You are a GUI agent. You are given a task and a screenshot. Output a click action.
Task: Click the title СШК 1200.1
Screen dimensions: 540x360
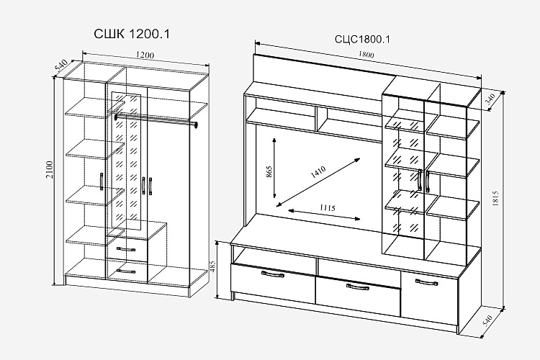pyautogui.click(x=132, y=34)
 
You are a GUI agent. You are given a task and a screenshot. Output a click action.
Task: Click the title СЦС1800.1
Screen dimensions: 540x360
pyautogui.click(x=362, y=40)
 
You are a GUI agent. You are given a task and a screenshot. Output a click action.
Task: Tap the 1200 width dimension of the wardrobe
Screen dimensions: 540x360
pyautogui.click(x=145, y=55)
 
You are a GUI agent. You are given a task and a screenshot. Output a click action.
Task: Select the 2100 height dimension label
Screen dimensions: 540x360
pyautogui.click(x=50, y=169)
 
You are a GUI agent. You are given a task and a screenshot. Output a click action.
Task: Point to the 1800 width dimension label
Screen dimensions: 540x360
pyautogui.click(x=366, y=54)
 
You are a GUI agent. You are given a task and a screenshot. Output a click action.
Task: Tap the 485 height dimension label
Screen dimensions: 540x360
pyautogui.click(x=212, y=266)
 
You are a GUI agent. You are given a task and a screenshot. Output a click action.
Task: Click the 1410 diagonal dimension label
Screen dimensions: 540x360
pyautogui.click(x=318, y=171)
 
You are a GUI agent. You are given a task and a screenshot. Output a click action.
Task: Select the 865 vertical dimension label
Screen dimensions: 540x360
pyautogui.click(x=269, y=171)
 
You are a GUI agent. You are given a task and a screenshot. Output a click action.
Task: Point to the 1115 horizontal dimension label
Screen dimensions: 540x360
pyautogui.click(x=327, y=207)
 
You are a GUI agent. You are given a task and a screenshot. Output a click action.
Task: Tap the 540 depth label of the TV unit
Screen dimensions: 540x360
pyautogui.click(x=488, y=320)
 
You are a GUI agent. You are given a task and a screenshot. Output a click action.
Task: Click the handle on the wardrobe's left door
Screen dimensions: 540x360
pyautogui.click(x=102, y=181)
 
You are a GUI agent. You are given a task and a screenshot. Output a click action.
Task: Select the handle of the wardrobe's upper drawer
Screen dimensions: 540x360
pyautogui.click(x=126, y=249)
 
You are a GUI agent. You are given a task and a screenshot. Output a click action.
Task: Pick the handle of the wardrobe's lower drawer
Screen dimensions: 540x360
pyautogui.click(x=126, y=271)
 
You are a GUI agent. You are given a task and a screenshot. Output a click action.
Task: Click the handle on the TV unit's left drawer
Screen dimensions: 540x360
pyautogui.click(x=273, y=274)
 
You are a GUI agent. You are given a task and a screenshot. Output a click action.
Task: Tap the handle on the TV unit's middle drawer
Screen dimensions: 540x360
pyautogui.click(x=357, y=287)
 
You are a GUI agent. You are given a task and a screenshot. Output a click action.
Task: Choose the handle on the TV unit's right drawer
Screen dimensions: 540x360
pyautogui.click(x=427, y=282)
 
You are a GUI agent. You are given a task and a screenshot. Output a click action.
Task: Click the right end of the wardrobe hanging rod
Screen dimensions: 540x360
pyautogui.click(x=196, y=125)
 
